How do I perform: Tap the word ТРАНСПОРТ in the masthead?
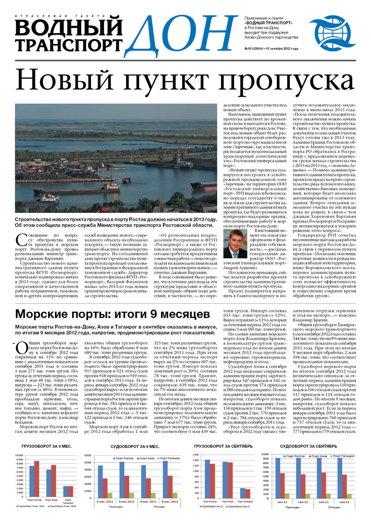(69, 45)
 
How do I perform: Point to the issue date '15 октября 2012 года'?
(282, 49)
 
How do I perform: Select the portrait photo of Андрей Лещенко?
(235, 244)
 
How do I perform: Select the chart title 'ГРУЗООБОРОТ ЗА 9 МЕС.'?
(47, 446)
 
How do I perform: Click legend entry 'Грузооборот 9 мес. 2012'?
(62, 506)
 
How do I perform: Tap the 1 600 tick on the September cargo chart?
(195, 455)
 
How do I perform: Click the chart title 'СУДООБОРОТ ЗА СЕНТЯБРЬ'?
(308, 446)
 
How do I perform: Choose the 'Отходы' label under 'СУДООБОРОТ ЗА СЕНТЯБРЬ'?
(334, 507)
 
